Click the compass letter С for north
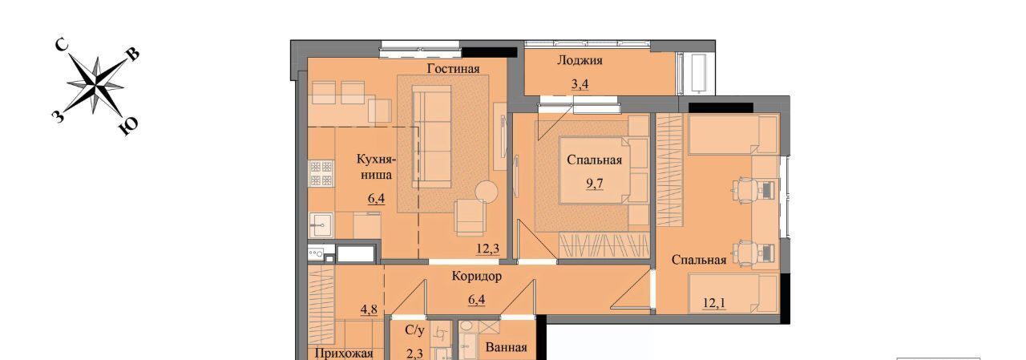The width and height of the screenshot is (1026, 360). (x=62, y=45)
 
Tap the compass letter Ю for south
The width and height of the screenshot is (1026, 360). (x=129, y=127)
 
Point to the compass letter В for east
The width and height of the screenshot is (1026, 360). (x=132, y=55)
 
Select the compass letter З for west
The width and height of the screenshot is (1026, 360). (x=58, y=117)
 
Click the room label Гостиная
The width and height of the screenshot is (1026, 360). (x=453, y=69)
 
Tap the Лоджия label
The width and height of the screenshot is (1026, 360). (x=580, y=60)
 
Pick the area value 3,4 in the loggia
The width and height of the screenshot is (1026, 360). (x=580, y=84)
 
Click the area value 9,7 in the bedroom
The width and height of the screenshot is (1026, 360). (x=595, y=184)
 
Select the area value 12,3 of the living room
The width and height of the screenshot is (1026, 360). (x=488, y=249)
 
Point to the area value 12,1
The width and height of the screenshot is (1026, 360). (x=714, y=303)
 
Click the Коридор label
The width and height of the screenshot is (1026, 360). (x=476, y=276)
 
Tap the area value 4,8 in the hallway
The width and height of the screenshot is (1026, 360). (x=369, y=309)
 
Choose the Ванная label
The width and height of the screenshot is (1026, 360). (x=506, y=347)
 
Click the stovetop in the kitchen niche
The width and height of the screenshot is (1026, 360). (x=321, y=173)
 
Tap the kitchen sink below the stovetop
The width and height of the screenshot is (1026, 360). (x=321, y=225)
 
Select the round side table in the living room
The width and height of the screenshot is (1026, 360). (x=486, y=192)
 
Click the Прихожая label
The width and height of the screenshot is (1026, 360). (x=344, y=354)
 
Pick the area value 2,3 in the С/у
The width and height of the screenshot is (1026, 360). (x=414, y=354)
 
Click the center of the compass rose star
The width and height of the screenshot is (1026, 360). (x=95, y=85)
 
